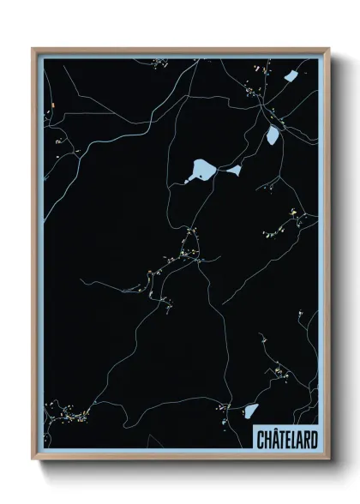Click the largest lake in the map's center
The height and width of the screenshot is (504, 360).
[201, 170]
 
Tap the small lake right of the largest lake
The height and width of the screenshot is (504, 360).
[233, 171]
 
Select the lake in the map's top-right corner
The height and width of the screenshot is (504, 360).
[291, 76]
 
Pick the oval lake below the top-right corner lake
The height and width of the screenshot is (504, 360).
[273, 135]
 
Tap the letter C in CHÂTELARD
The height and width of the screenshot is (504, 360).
[261, 440]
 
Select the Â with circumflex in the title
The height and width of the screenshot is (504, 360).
[274, 440]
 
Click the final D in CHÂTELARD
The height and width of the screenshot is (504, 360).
[314, 440]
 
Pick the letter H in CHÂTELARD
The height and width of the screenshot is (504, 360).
[267, 440]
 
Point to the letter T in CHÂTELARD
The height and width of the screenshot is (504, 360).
[281, 440]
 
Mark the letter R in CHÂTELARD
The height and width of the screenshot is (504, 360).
[307, 440]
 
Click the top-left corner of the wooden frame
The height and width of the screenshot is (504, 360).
[34, 50]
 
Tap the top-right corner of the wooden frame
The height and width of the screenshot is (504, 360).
[328, 50]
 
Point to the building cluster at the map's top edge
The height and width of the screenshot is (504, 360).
[159, 63]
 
